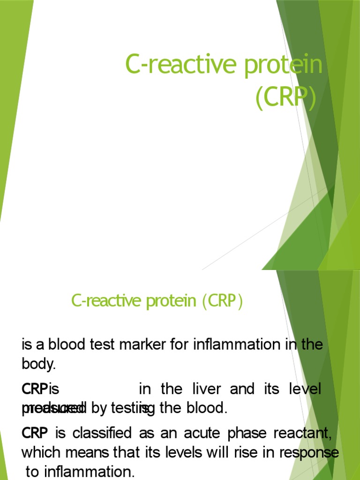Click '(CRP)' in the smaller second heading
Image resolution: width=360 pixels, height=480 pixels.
(x=223, y=301)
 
